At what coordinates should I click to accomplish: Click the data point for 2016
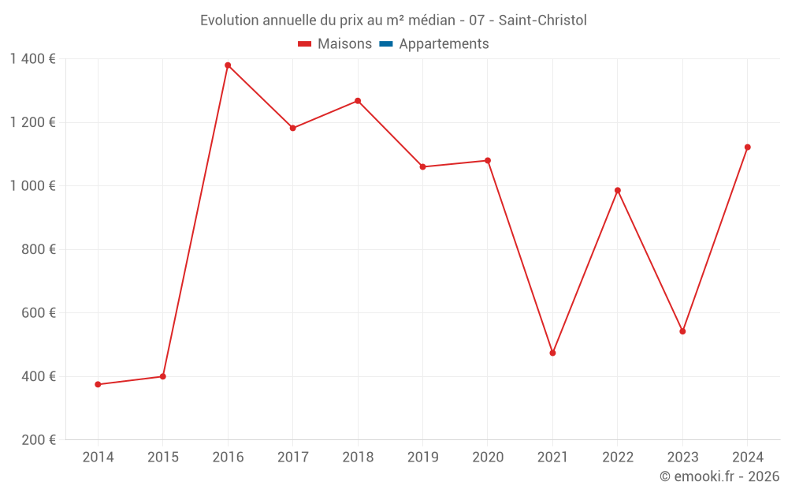click(x=228, y=65)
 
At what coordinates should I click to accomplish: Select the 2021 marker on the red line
click(x=552, y=353)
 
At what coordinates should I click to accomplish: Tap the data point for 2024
click(x=747, y=148)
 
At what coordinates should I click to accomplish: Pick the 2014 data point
click(x=98, y=384)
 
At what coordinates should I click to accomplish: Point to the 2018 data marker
click(x=358, y=101)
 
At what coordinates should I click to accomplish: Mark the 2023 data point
click(x=682, y=331)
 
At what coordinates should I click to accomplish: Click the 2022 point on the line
click(x=618, y=190)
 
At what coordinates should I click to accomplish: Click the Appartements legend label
click(x=444, y=44)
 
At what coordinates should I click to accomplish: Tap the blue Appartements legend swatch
click(x=385, y=44)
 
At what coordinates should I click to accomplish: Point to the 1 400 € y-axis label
click(x=32, y=59)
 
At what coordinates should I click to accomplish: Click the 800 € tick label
click(x=39, y=249)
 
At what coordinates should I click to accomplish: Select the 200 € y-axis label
click(x=39, y=440)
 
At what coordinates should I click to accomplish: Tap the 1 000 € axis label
click(x=32, y=186)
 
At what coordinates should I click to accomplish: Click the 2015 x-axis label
click(x=163, y=458)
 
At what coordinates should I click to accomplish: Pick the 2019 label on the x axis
click(x=422, y=458)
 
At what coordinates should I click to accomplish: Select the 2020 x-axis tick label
click(x=488, y=458)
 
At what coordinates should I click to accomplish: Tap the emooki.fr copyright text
click(x=719, y=476)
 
